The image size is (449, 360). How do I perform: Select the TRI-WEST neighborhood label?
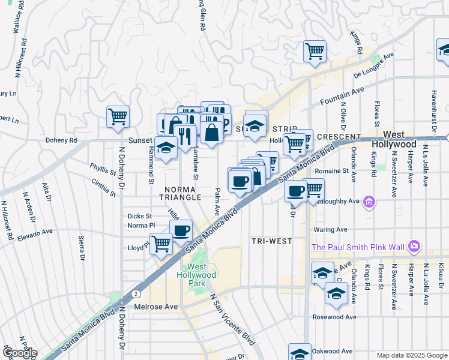point(272,241)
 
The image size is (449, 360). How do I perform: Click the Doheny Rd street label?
point(62,141)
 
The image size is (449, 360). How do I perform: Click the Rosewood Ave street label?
point(334,317)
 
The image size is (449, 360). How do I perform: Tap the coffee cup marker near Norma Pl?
point(181,229)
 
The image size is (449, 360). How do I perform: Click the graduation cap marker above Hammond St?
point(165,146)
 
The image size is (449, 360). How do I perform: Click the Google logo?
point(20,353)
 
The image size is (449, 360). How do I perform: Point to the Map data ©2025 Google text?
point(411,355)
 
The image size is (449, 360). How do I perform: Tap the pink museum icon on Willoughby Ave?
point(369,201)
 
